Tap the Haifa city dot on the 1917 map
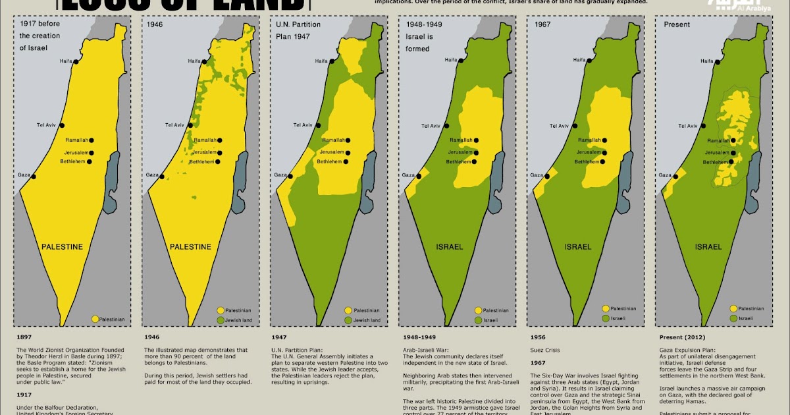point(76,61)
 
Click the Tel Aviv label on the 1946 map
point(174,125)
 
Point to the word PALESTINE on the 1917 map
point(63,247)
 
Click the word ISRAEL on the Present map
point(709,247)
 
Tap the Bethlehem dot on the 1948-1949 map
point(474,161)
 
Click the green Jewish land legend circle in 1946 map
point(221,320)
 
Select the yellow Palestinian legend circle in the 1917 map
point(95,319)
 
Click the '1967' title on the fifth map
point(543,25)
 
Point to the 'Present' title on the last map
point(677,25)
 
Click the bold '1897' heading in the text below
point(24,335)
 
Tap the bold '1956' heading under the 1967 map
point(538,335)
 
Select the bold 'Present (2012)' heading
point(684,335)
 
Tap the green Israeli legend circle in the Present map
point(732,318)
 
